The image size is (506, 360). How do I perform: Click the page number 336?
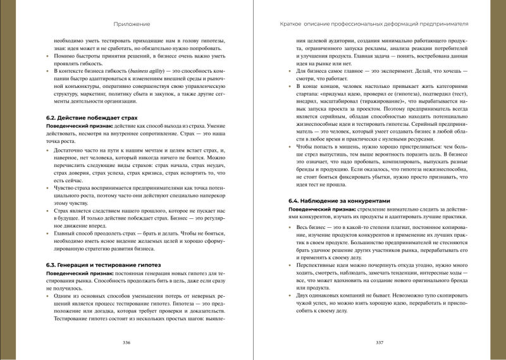click(x=126, y=342)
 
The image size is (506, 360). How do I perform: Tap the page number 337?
click(x=380, y=342)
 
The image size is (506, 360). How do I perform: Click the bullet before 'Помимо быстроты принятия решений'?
click(x=50, y=59)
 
